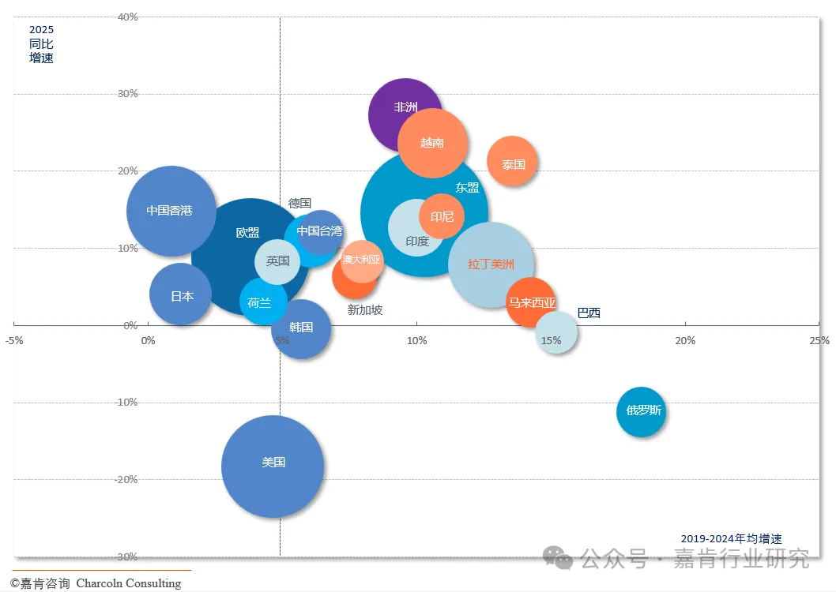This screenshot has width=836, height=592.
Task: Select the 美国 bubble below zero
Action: [x=273, y=466]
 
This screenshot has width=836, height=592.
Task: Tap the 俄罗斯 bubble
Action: [x=641, y=412]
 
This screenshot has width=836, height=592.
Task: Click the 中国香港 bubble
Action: [x=170, y=211]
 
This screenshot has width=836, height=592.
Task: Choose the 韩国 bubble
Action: [x=301, y=328]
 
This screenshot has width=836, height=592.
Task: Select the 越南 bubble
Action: [x=432, y=143]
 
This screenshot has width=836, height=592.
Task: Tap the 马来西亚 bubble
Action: [x=531, y=302]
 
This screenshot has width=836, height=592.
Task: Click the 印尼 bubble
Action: [x=442, y=216]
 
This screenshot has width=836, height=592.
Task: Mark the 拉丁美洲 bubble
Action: [x=491, y=264]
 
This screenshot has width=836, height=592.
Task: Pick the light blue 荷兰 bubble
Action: [x=262, y=302]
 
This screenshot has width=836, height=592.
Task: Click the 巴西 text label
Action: [x=589, y=313]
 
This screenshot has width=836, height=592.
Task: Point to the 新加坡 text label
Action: [x=365, y=310]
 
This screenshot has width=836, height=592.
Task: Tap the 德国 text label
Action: [x=299, y=204]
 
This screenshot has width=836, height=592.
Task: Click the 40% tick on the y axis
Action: [x=127, y=17]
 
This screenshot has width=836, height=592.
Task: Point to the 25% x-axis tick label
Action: [x=819, y=340]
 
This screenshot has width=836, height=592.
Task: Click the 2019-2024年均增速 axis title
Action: [x=731, y=538]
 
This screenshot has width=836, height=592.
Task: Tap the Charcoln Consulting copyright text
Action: [x=96, y=583]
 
